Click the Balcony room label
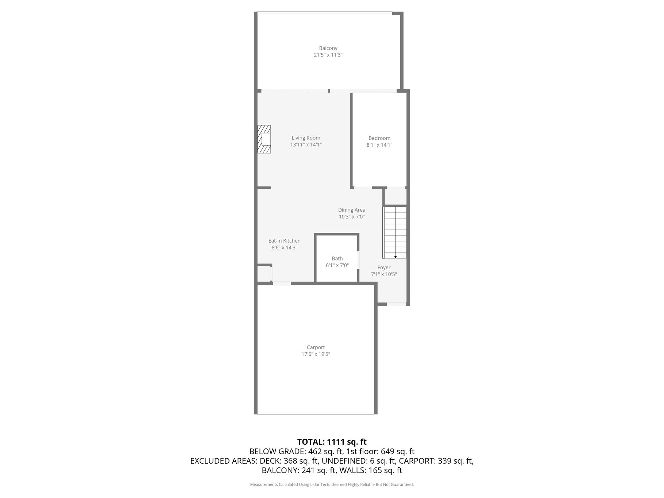pos(328,48)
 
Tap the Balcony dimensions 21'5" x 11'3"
pos(328,55)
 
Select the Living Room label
pos(306,138)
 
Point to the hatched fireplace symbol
pos(264,139)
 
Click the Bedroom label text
pos(379,138)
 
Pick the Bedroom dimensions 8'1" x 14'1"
pos(379,145)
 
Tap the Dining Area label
pos(352,210)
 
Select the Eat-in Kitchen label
pos(285,241)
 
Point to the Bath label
pos(337,259)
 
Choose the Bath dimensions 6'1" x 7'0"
pos(337,266)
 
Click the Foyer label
pos(384,268)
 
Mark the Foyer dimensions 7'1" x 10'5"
pos(384,274)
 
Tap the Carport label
pos(316,348)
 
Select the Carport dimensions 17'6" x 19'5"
pos(316,354)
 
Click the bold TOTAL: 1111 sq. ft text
pos(332,442)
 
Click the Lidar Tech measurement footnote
pos(332,485)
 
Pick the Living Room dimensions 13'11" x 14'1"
pos(306,145)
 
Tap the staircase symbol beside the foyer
pos(394,232)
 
